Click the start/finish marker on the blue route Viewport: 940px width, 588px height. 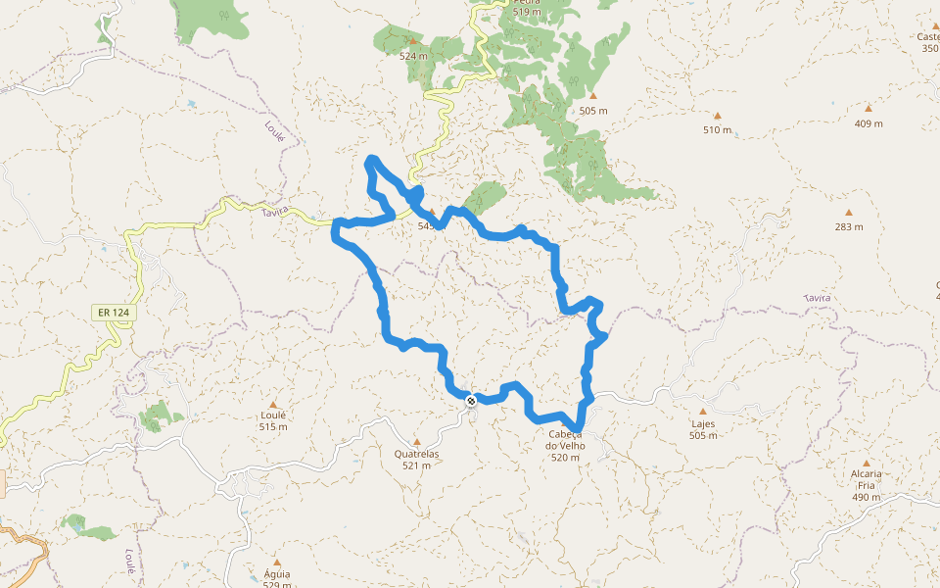pyautogui.click(x=471, y=399)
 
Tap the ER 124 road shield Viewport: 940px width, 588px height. pyautogui.click(x=114, y=313)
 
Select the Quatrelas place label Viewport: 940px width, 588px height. pyautogui.click(x=416, y=454)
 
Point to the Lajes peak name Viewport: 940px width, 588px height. pyautogui.click(x=703, y=424)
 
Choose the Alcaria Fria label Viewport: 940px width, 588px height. pyautogui.click(x=867, y=480)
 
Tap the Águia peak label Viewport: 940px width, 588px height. pyautogui.click(x=277, y=574)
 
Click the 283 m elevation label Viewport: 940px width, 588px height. pyautogui.click(x=849, y=226)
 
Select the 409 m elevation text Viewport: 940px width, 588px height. pyautogui.click(x=869, y=123)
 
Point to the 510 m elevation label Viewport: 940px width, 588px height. pyautogui.click(x=717, y=129)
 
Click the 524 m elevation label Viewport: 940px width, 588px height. pyautogui.click(x=413, y=56)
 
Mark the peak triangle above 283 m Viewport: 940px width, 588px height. pyautogui.click(x=849, y=213)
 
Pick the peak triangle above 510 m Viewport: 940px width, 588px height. pyautogui.click(x=717, y=116)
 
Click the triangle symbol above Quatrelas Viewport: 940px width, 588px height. pyautogui.click(x=416, y=442)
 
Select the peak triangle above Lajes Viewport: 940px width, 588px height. pyautogui.click(x=703, y=412)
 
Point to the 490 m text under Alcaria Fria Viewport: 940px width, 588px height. pyautogui.click(x=867, y=498)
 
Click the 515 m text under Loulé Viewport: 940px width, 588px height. pyautogui.click(x=273, y=426)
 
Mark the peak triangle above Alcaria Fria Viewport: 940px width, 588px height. pyautogui.click(x=867, y=463)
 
